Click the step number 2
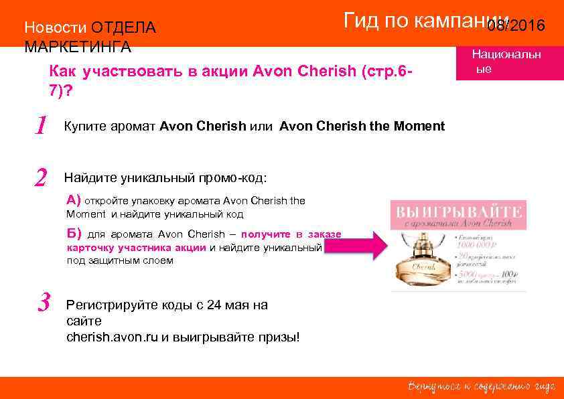tap(42, 177)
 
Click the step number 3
tap(44, 304)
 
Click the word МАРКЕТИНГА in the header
tap(78, 48)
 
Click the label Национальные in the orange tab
tap(506, 61)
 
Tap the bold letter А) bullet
tap(74, 199)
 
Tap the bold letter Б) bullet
tap(74, 234)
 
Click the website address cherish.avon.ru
tap(113, 337)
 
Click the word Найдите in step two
tap(90, 178)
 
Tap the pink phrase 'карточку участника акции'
tap(137, 248)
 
